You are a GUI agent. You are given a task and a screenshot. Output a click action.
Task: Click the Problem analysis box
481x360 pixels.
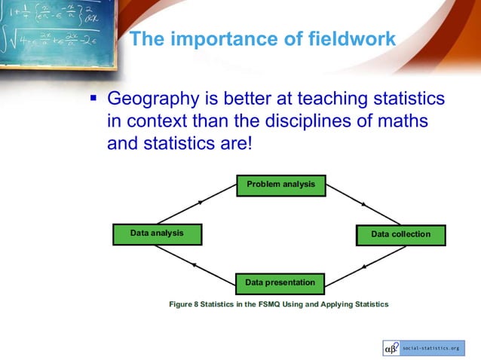pyautogui.click(x=280, y=185)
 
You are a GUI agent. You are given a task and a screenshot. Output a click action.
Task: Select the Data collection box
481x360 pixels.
pyautogui.click(x=400, y=234)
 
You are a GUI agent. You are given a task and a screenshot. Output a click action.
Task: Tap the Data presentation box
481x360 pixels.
pyautogui.click(x=280, y=283)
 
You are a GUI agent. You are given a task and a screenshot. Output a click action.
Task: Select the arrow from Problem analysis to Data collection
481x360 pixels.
pyautogui.click(x=364, y=204)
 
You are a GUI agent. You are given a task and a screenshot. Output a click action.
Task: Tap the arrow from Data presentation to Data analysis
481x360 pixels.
pyautogui.click(x=195, y=264)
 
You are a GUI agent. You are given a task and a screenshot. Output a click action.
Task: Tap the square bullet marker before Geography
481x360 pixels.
pyautogui.click(x=94, y=98)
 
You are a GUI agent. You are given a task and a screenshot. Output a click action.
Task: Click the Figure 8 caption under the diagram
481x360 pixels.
pyautogui.click(x=278, y=304)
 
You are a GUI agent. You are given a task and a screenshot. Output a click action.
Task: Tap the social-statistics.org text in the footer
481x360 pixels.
pyautogui.click(x=430, y=349)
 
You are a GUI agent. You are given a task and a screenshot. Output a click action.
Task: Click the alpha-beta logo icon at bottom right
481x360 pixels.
pyautogui.click(x=391, y=349)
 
